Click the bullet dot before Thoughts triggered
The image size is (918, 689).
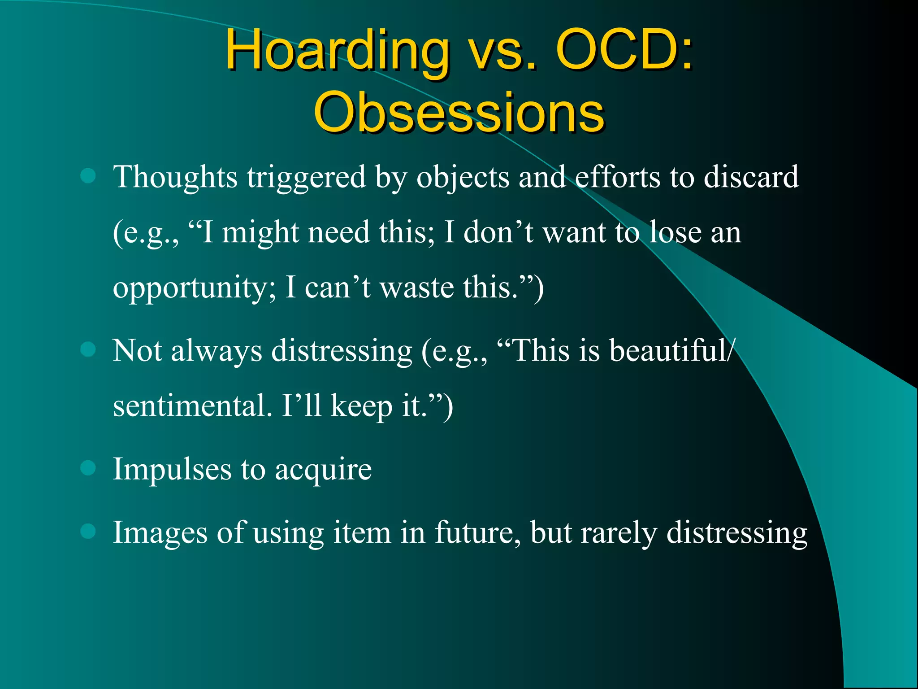click(88, 176)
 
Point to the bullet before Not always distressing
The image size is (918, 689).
click(88, 349)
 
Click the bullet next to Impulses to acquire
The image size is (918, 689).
click(88, 468)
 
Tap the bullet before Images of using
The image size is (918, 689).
click(88, 532)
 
